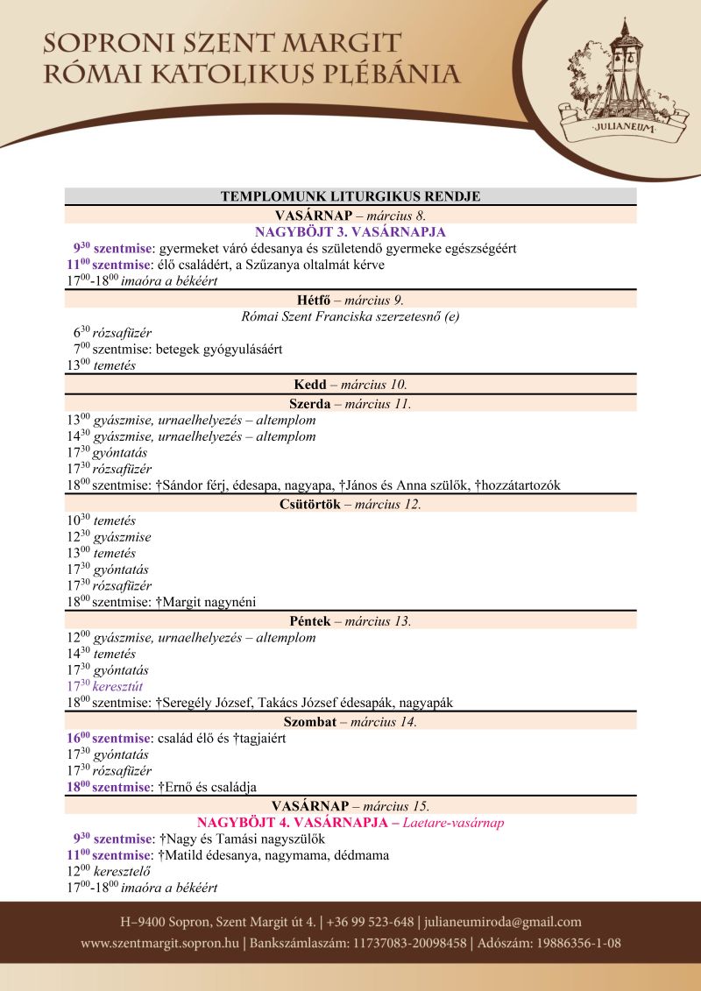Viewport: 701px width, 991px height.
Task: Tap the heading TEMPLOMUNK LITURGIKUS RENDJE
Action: pos(350,196)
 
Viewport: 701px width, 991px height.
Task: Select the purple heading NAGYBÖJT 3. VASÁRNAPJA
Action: pos(350,232)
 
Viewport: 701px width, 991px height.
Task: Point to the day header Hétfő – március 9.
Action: pos(350,300)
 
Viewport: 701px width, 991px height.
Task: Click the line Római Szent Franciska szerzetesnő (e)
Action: pos(350,316)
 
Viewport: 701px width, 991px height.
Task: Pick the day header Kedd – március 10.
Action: pos(350,385)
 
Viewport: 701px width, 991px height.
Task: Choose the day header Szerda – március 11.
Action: pos(350,404)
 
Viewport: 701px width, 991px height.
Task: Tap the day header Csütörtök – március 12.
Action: pos(350,504)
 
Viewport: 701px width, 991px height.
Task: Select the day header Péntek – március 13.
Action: pos(350,621)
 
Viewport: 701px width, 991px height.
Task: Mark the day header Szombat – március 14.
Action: pos(350,722)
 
